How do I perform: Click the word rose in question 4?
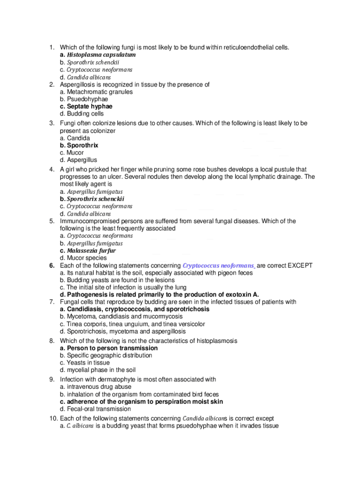[209, 169]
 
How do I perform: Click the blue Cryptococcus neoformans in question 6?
[219, 265]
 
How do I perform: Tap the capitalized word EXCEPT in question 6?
[300, 265]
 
